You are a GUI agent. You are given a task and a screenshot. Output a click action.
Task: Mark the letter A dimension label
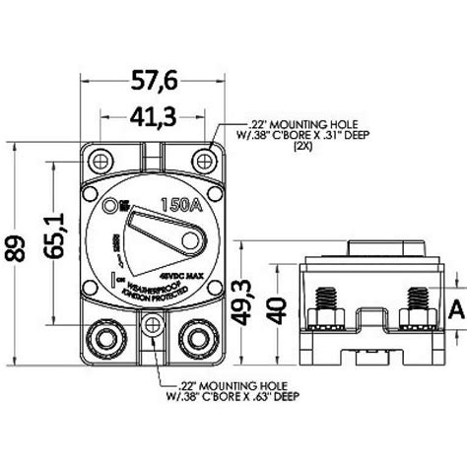455,309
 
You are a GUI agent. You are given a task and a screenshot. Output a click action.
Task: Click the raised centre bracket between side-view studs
367,319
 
